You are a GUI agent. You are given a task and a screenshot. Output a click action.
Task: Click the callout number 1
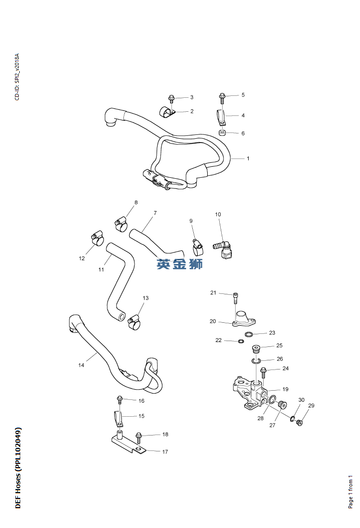click(x=248, y=158)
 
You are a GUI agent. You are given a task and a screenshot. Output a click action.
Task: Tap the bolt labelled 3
click(x=171, y=99)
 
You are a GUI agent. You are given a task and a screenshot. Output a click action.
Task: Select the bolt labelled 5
click(x=222, y=97)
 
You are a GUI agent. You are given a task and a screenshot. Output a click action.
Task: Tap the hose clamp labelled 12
click(x=98, y=238)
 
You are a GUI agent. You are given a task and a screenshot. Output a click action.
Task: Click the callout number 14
click(x=81, y=366)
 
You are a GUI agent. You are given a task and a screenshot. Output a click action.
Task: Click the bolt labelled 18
click(x=139, y=437)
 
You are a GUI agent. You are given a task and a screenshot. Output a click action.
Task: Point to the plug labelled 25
click(x=256, y=348)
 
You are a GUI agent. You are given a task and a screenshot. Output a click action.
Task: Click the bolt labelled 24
click(x=264, y=372)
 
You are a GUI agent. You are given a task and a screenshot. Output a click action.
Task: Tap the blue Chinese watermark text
click(x=179, y=264)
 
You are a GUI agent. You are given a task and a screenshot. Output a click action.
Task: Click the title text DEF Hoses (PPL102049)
click(x=18, y=467)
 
